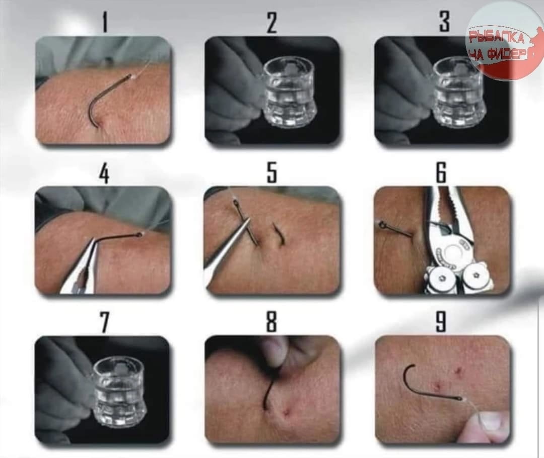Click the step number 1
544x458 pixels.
coord(105,22)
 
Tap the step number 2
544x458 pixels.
coord(272,22)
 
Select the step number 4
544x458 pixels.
coord(104,173)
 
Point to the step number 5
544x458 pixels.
coord(272,172)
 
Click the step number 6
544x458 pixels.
coord(441,172)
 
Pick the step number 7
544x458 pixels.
coord(104,323)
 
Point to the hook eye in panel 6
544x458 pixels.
coord(382,225)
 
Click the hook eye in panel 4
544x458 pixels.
coord(140,235)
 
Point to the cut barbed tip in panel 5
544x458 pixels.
coord(279,235)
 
